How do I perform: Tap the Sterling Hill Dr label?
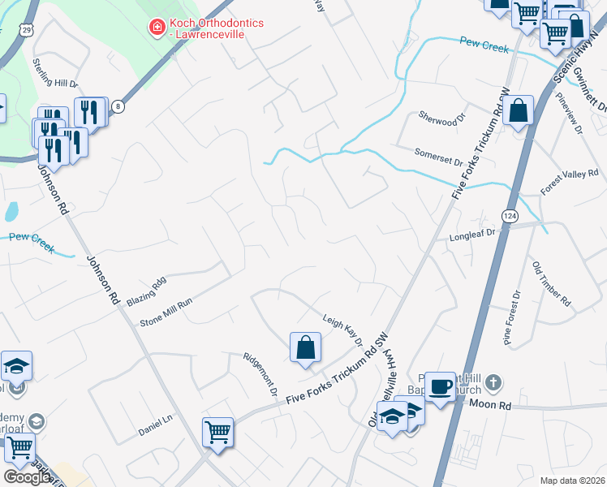click(55, 72)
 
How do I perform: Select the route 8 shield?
click(119, 106)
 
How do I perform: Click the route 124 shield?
click(510, 216)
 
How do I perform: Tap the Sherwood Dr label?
click(444, 119)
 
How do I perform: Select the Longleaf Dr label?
click(471, 236)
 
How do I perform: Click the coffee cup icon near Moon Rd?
click(440, 386)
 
